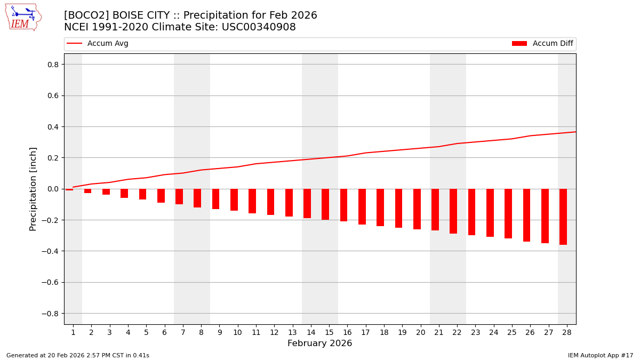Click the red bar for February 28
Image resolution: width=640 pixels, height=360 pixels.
coord(563,217)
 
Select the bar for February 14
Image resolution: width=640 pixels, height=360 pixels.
coord(307,203)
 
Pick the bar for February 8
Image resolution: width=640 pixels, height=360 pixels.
coord(197,198)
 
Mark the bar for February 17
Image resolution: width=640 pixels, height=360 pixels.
coord(362,206)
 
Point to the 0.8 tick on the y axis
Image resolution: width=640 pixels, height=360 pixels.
coord(53,65)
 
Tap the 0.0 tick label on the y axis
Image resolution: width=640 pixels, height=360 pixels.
coord(53,189)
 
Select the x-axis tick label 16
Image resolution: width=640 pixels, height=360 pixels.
coord(347,333)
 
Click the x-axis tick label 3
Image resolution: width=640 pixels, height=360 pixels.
coord(110,333)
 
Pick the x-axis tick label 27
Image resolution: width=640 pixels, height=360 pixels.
coord(548,333)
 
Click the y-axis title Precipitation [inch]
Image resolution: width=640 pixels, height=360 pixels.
coord(33,189)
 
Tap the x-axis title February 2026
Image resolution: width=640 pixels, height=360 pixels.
coord(320,343)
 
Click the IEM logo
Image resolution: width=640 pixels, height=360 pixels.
coord(23,17)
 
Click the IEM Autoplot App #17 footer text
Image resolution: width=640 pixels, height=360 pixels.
coord(600,355)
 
